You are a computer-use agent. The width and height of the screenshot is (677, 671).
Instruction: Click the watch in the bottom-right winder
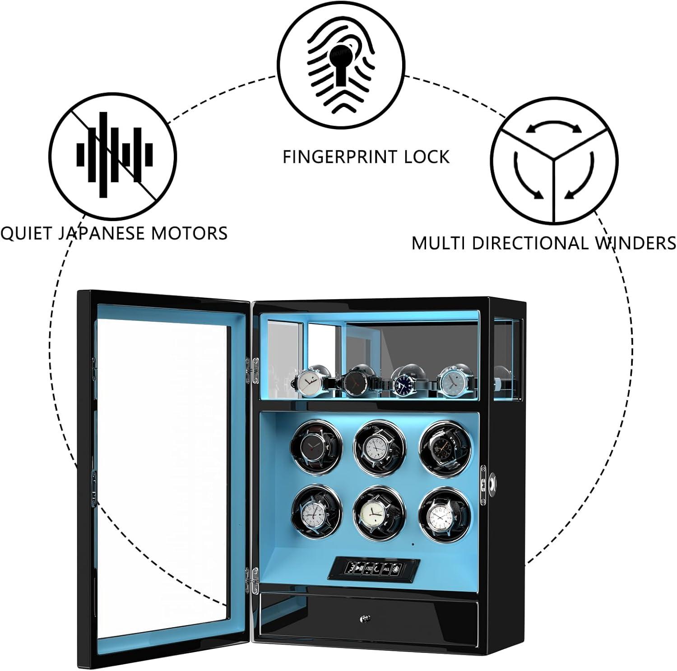[x=441, y=511]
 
